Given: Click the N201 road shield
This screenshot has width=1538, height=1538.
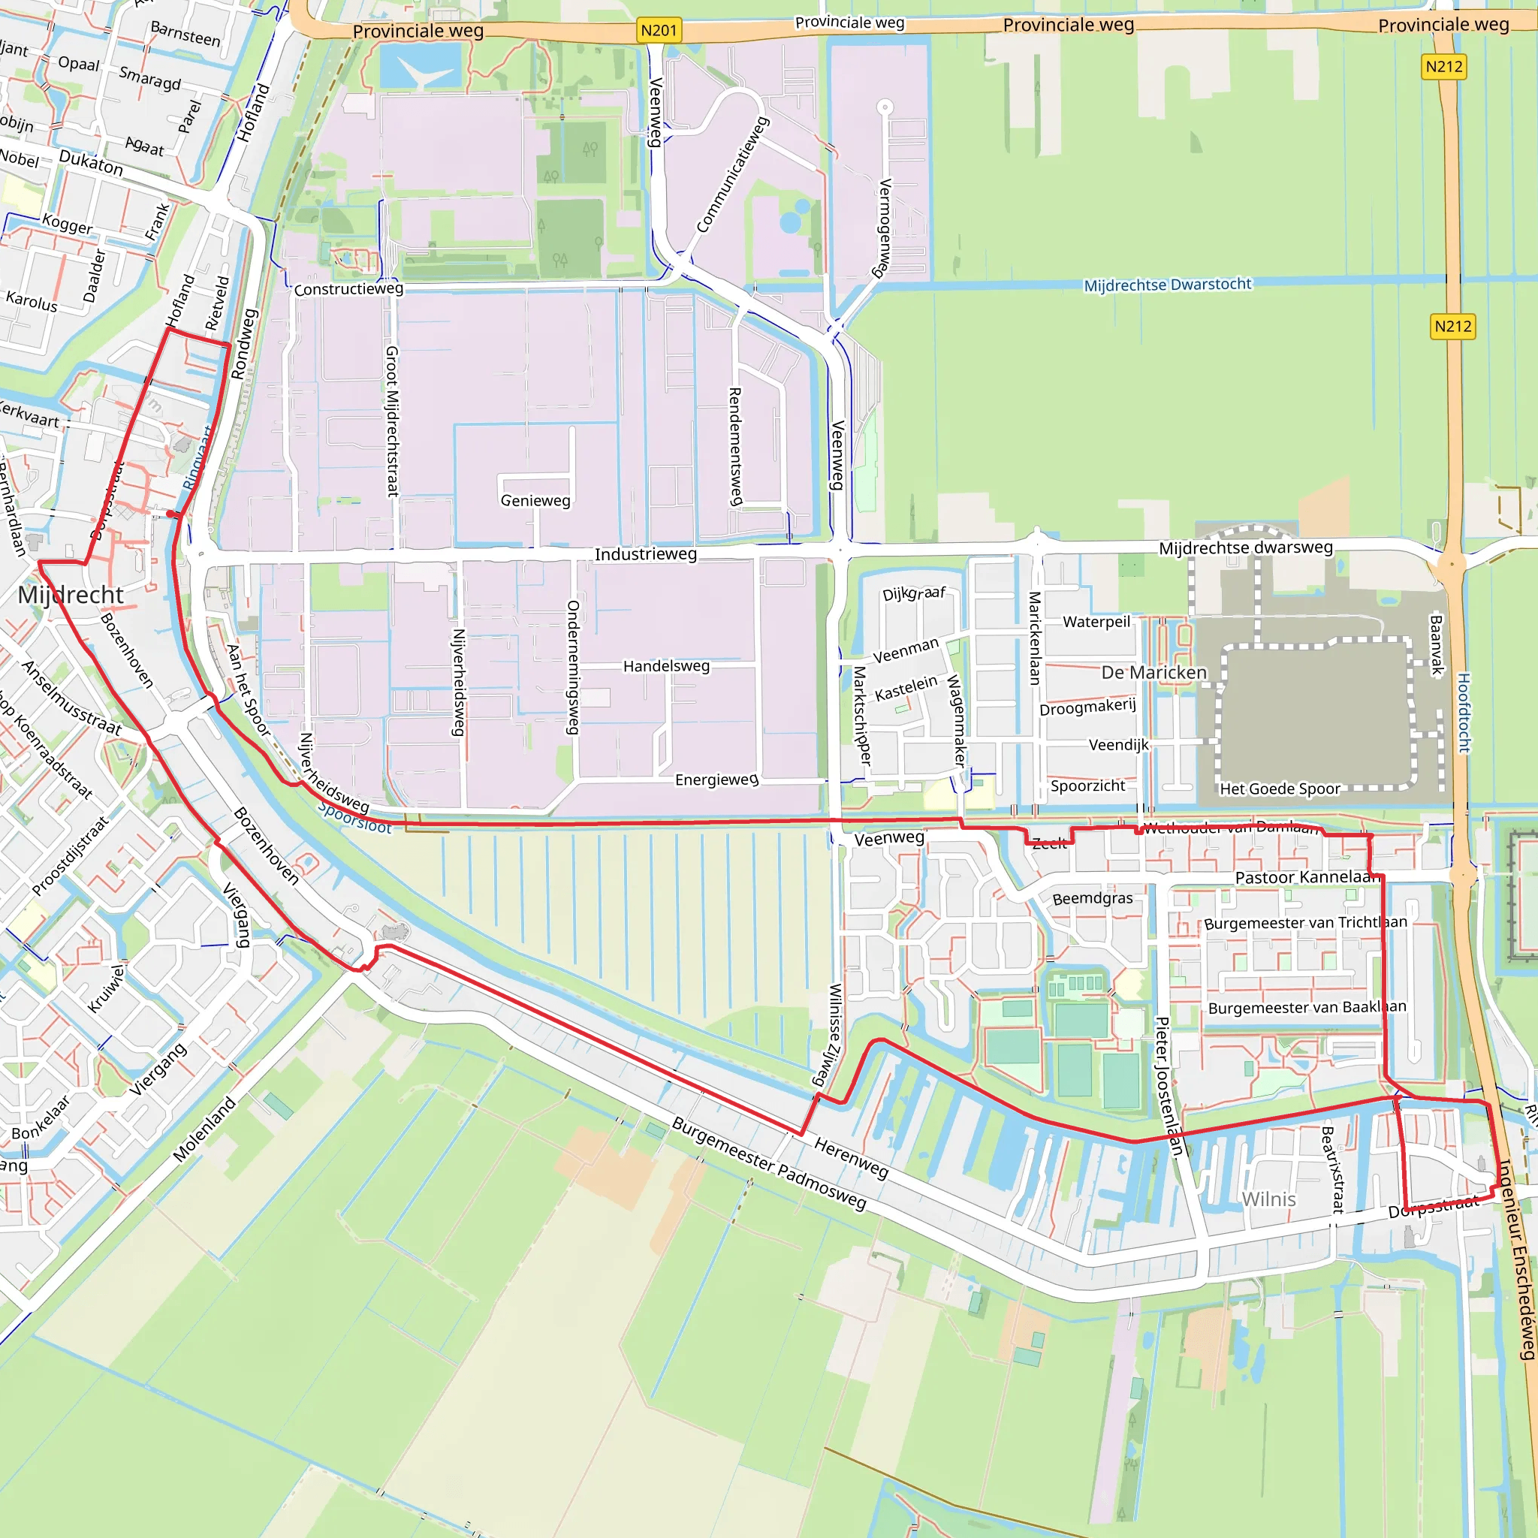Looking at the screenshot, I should [x=659, y=30].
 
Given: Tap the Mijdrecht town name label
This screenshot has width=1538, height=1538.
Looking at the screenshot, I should [x=71, y=595].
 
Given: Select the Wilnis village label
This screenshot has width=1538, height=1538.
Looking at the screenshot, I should [x=1268, y=1199].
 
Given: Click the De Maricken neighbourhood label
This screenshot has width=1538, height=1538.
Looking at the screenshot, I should [x=1153, y=673].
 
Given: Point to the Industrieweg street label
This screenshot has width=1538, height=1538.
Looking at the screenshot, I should [x=646, y=554].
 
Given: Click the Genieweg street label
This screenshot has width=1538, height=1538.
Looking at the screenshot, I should [x=535, y=501].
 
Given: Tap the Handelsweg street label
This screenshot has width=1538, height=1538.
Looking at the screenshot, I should [x=666, y=666].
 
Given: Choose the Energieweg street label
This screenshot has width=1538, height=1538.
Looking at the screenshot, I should [x=716, y=780].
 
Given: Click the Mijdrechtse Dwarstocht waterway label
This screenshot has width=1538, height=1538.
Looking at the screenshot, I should [x=1167, y=284].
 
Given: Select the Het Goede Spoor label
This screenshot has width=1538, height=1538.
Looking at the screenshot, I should [x=1280, y=789].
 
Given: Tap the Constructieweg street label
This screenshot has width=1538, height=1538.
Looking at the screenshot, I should [x=348, y=289].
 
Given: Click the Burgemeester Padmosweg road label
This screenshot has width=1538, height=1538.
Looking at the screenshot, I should [x=768, y=1164].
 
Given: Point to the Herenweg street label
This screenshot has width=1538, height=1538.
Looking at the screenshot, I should [x=850, y=1158].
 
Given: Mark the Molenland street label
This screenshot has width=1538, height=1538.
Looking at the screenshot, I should [x=204, y=1129].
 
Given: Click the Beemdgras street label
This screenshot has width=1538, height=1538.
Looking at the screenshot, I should [x=1092, y=899].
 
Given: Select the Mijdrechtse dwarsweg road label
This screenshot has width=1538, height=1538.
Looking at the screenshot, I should [x=1245, y=547].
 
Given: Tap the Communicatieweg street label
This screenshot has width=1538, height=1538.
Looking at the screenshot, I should [x=732, y=175].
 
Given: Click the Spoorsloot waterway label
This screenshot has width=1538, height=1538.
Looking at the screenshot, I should [x=355, y=819].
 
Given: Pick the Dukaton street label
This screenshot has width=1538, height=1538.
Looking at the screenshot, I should [x=91, y=163].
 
